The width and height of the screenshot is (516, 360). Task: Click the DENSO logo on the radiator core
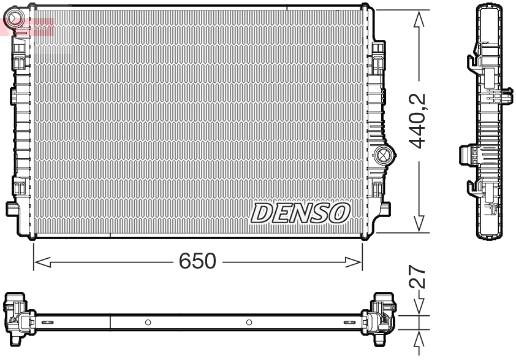click(x=300, y=212)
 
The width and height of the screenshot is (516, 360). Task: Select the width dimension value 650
click(x=197, y=262)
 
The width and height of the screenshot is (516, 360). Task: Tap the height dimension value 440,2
click(x=419, y=121)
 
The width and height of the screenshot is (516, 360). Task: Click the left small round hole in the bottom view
click(x=148, y=322)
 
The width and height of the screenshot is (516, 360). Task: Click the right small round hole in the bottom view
click(x=249, y=322)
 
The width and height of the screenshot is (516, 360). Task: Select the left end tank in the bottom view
click(x=18, y=318)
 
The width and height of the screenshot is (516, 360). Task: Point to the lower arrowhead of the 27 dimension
click(x=419, y=338)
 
